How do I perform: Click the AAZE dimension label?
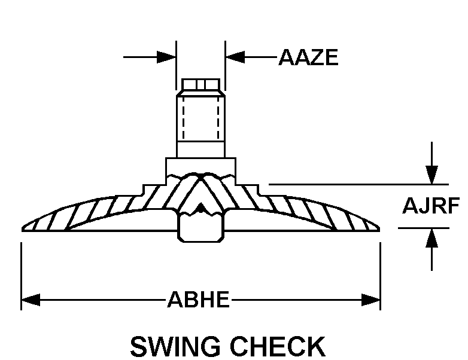(308, 57)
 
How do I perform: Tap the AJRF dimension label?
(431, 206)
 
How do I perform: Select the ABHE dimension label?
(199, 300)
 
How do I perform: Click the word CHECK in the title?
(278, 346)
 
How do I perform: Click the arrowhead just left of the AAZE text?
(235, 57)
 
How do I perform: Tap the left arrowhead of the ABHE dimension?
(31, 300)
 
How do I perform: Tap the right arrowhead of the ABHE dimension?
(370, 300)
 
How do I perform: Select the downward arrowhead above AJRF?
(431, 175)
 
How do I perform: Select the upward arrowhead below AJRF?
(431, 238)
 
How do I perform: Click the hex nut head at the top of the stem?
(200, 84)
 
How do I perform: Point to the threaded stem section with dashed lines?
(200, 119)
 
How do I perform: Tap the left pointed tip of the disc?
(22, 229)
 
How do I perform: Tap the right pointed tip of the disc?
(379, 229)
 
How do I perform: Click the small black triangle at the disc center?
(201, 208)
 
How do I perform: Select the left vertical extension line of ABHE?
(21, 276)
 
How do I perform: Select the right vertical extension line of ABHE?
(380, 276)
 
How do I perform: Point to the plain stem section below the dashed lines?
(200, 150)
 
